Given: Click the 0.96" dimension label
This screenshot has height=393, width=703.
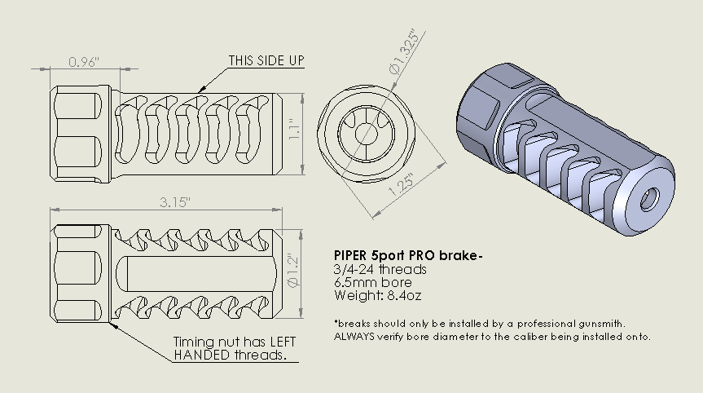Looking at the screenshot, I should pyautogui.click(x=84, y=61).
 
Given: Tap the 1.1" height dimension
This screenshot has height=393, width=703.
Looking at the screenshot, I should pyautogui.click(x=296, y=130).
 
